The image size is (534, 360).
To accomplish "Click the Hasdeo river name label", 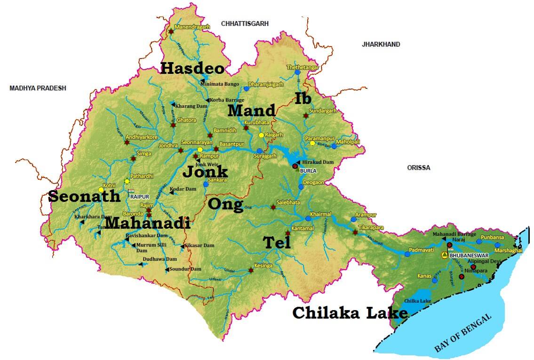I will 192,68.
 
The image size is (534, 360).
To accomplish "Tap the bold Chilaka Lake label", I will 350,313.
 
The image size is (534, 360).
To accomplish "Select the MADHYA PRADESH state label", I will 38,88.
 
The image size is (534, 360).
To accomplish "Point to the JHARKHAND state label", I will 381,44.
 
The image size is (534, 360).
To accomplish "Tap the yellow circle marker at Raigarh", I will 261,135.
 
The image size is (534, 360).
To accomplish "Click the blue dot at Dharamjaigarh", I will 246,88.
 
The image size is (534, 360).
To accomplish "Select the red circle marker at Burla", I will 295,166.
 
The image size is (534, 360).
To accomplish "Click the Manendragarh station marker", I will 171,32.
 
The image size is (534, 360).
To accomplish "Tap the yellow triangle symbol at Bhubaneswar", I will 444,255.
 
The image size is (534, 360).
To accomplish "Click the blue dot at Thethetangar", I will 297,72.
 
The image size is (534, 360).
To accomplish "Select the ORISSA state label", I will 418,168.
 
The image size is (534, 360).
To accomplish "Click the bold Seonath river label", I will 85,196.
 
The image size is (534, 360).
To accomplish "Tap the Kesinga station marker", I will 251,271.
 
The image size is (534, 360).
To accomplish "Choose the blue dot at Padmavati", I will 407,254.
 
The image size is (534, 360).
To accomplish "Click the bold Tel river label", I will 277,243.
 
